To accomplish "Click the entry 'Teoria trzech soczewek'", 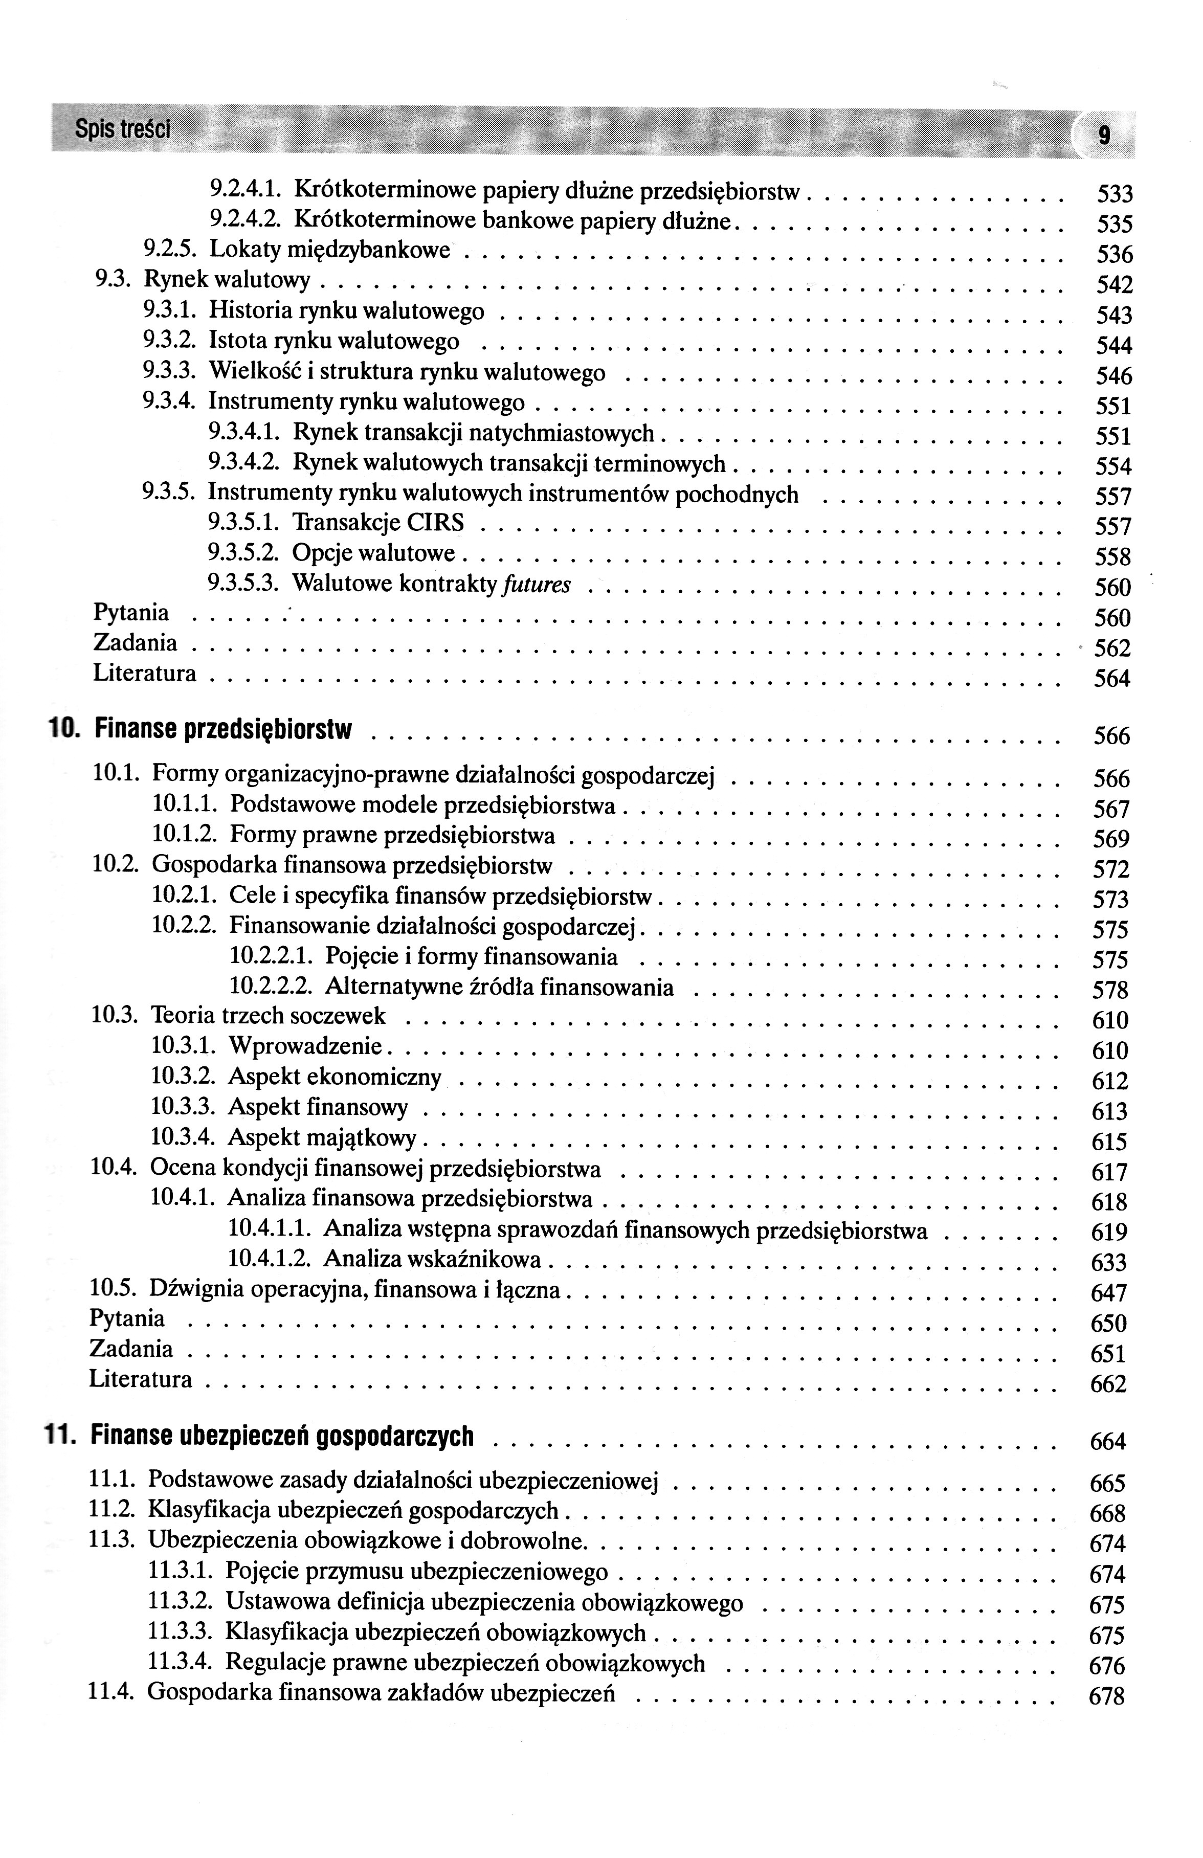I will (268, 1016).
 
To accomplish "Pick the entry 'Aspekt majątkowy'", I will (322, 1137).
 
